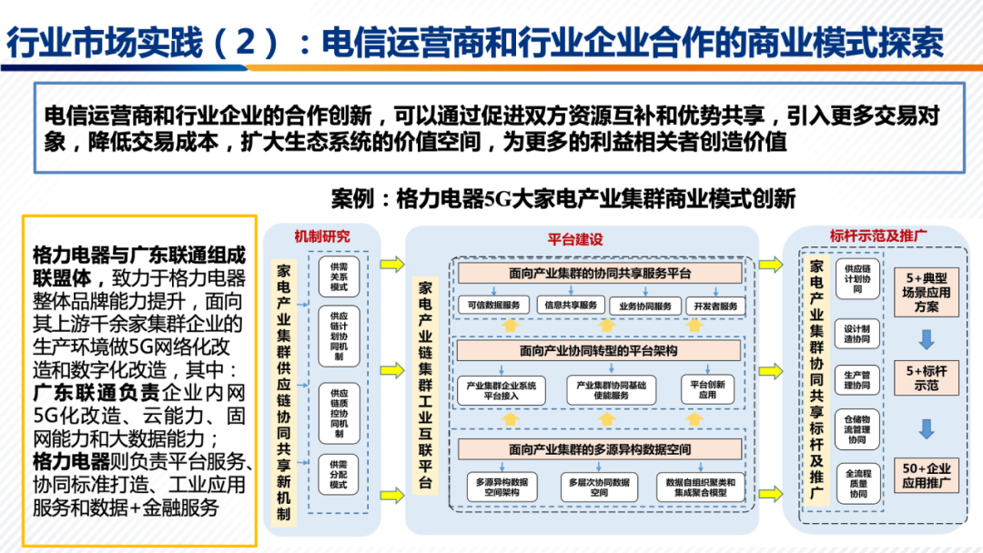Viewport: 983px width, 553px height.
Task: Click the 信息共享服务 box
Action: [571, 305]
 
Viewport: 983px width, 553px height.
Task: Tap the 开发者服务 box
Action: [716, 305]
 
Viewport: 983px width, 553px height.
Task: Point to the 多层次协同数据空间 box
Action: [585, 487]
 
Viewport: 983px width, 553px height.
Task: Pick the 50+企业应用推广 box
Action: [927, 476]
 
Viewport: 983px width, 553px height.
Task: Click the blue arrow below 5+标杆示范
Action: [927, 427]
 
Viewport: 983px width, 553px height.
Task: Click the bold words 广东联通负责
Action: [96, 393]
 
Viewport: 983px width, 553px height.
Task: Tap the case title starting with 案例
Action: [563, 198]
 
